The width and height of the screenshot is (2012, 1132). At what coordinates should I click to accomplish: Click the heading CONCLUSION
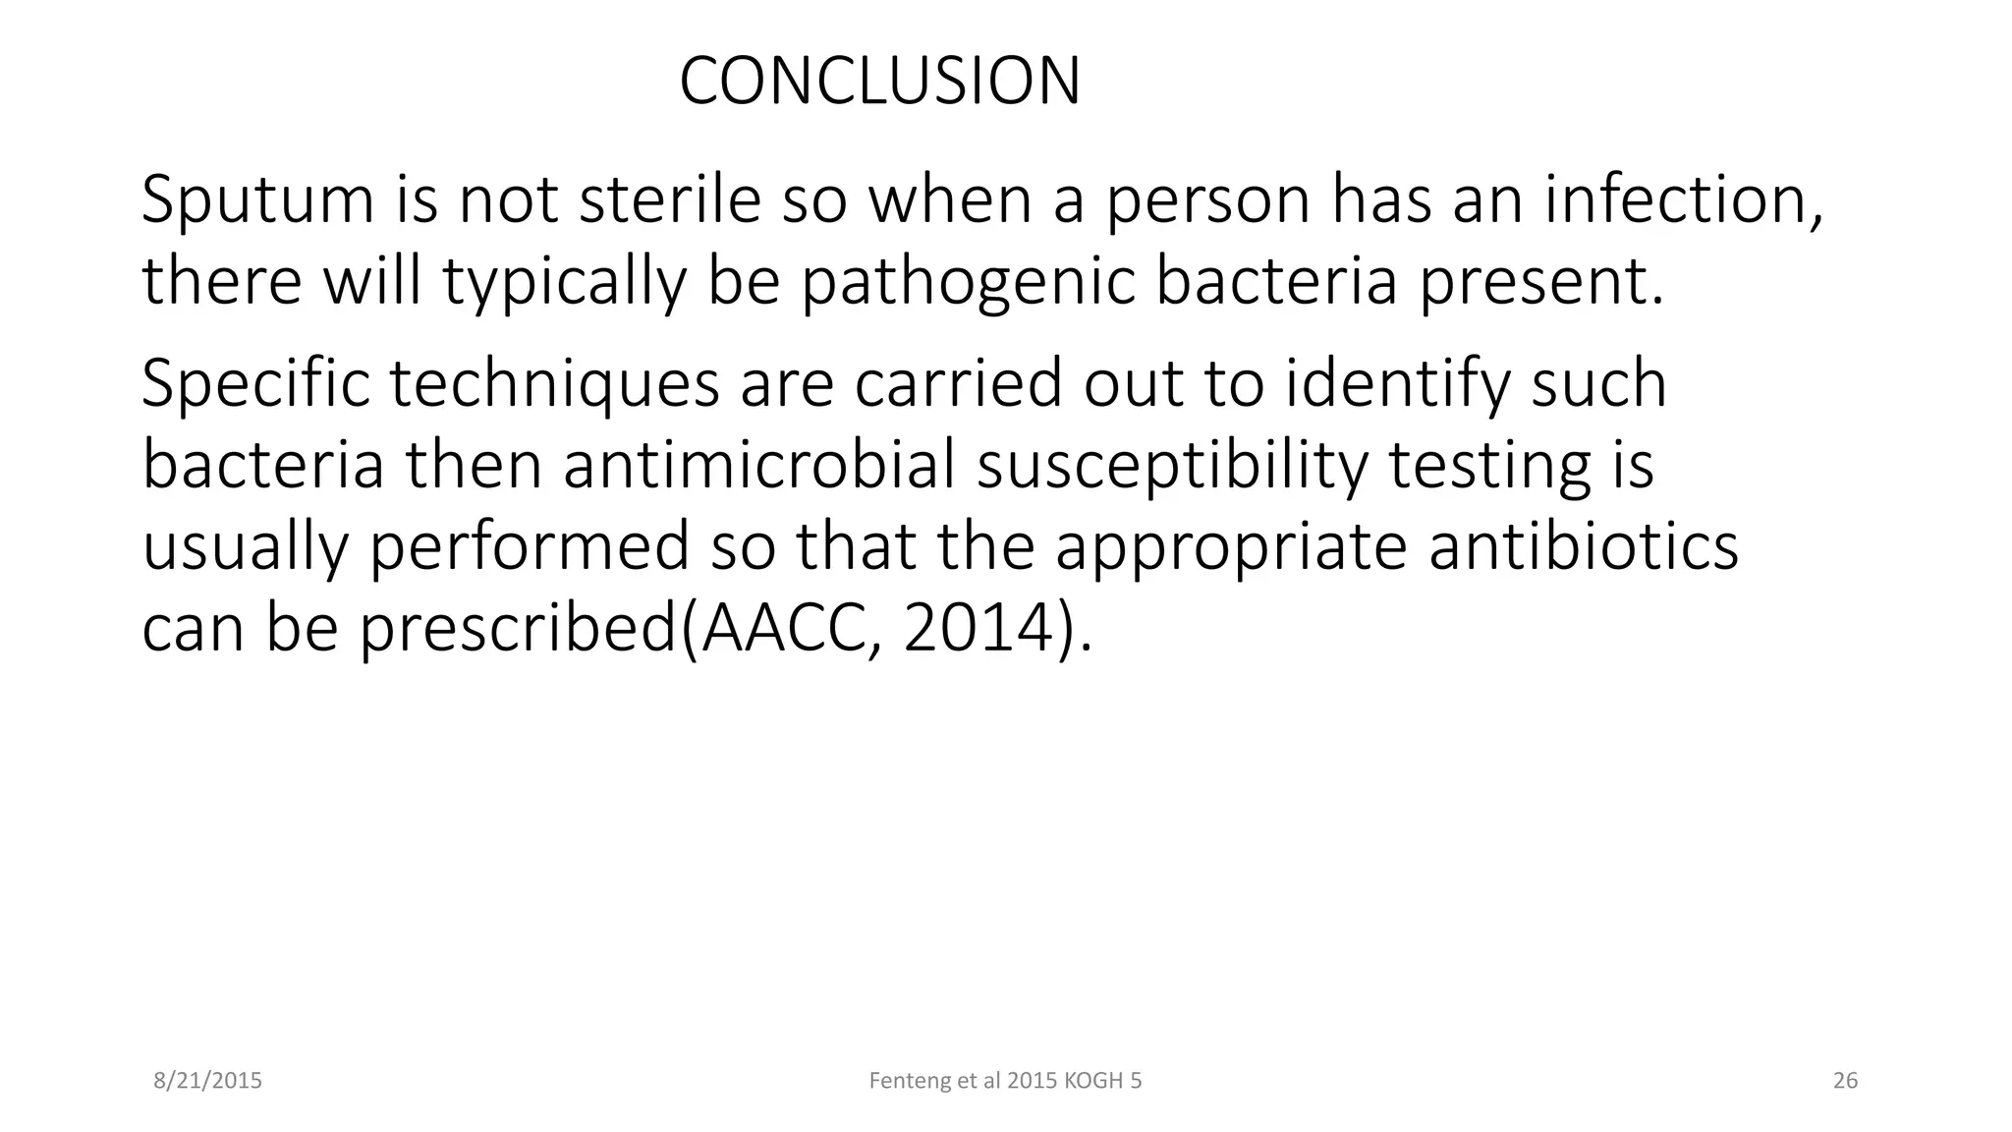(x=879, y=82)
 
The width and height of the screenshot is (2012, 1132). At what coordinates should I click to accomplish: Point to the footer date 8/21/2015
(x=208, y=1081)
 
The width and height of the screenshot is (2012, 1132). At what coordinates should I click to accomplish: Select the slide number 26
(x=1845, y=1081)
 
